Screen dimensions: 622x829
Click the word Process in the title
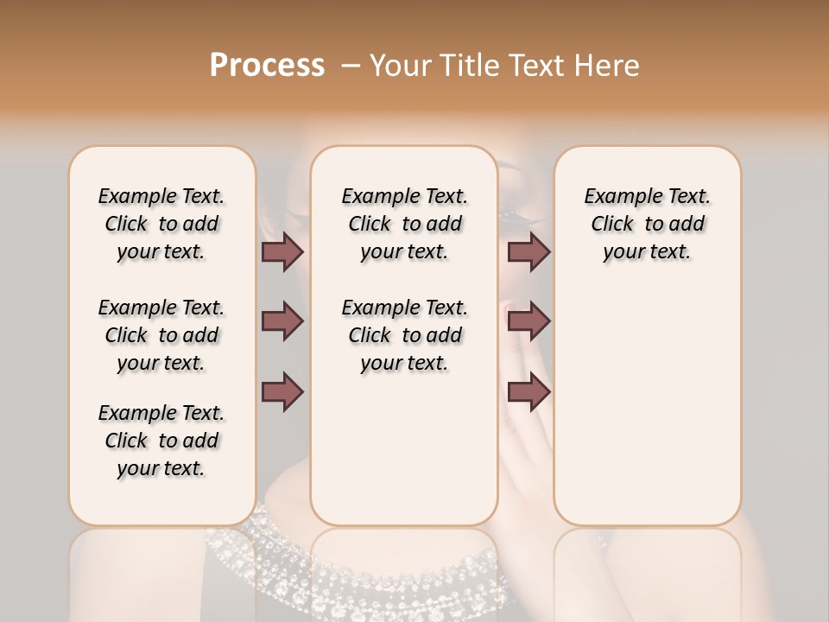tap(267, 66)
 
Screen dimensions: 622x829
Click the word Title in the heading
tap(460, 66)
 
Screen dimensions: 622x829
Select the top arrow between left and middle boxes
tap(282, 251)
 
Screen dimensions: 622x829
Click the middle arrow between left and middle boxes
tap(282, 321)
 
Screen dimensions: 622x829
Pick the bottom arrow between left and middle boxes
tap(282, 391)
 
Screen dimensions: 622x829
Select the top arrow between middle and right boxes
tap(528, 251)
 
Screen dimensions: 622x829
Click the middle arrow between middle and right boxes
tap(528, 321)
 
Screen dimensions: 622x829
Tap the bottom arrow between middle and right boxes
tap(528, 391)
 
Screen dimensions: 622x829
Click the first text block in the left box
tap(161, 224)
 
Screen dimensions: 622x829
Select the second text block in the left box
tap(161, 335)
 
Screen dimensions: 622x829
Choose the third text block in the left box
tap(161, 441)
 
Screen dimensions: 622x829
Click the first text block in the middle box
tap(404, 224)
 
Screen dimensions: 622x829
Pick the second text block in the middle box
tap(404, 335)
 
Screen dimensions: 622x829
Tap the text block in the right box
tap(647, 224)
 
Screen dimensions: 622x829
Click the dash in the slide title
tap(351, 66)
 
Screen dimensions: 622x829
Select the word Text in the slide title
tap(528, 66)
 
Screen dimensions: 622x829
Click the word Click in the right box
tap(612, 225)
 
